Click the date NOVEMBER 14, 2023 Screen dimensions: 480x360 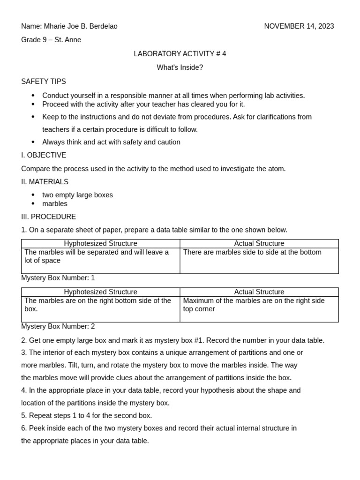click(x=299, y=26)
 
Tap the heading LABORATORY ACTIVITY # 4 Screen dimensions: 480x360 click(x=180, y=54)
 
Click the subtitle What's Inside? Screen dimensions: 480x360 click(x=180, y=67)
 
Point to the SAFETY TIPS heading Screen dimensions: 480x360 click(x=44, y=82)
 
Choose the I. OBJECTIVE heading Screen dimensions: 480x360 click(x=44, y=155)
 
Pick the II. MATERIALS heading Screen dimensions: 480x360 click(x=45, y=182)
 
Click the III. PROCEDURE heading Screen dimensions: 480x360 click(x=48, y=217)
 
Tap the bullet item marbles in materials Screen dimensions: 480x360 click(x=55, y=204)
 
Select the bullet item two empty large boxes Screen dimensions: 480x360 click(x=77, y=195)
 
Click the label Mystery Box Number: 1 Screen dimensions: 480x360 click(x=58, y=278)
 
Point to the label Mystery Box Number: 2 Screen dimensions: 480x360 click(x=58, y=326)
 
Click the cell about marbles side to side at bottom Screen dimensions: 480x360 click(x=252, y=252)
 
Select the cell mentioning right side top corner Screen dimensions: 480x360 click(x=254, y=305)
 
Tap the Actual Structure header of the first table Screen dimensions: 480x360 click(x=259, y=244)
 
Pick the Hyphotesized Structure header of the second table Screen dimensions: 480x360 click(x=100, y=292)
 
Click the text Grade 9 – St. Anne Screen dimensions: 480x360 click(x=51, y=40)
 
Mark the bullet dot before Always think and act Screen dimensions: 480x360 click(x=33, y=142)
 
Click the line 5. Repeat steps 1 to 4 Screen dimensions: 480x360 click(x=87, y=416)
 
